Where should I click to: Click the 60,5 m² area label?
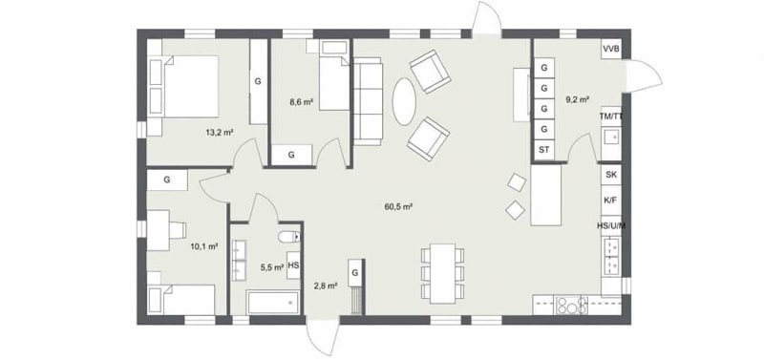398,206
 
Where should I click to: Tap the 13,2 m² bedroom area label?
221,132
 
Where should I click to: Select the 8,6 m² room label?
301,102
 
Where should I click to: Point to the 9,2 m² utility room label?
578,99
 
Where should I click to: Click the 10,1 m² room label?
203,246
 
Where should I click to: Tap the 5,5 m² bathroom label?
272,267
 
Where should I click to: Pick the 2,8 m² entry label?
327,286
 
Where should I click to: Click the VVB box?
611,49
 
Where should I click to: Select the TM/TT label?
611,116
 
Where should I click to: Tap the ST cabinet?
544,150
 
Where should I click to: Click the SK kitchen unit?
610,175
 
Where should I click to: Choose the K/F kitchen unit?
610,200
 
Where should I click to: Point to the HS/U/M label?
611,225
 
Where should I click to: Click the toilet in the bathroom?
289,237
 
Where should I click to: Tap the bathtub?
273,303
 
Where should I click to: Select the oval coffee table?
404,102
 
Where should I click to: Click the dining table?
442,273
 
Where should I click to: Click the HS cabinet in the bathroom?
293,265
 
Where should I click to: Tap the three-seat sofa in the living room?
368,101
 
